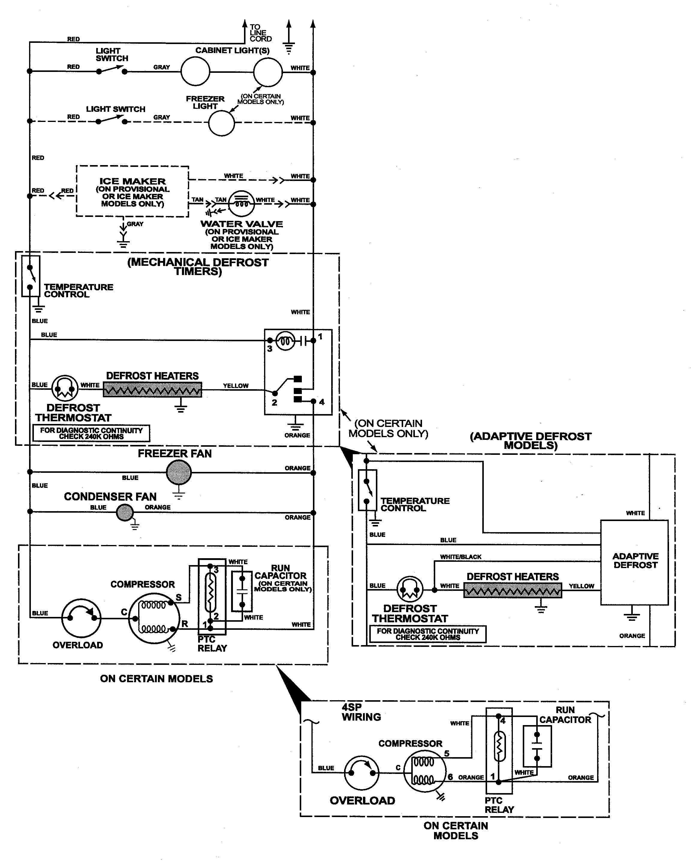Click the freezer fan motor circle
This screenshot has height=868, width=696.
point(179,472)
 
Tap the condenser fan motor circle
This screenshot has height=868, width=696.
point(124,513)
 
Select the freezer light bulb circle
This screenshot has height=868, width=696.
point(221,123)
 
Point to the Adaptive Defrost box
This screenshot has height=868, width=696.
point(634,562)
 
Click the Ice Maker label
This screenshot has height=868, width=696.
point(132,182)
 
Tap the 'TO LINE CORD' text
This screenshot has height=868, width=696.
point(260,33)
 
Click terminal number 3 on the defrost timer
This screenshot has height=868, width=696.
point(269,349)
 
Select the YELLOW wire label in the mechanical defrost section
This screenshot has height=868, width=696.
point(236,386)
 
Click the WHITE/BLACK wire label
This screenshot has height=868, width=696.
point(460,557)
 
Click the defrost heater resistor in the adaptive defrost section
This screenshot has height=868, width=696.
point(512,591)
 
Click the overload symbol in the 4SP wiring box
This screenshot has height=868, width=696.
point(362,773)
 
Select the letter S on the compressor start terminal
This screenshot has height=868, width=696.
point(178,597)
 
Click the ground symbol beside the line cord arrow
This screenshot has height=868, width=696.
point(288,48)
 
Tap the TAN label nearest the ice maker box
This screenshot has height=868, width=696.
point(197,200)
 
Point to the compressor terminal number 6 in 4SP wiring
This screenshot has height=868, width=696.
point(450,777)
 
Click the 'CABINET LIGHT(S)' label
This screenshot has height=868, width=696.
point(232,50)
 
